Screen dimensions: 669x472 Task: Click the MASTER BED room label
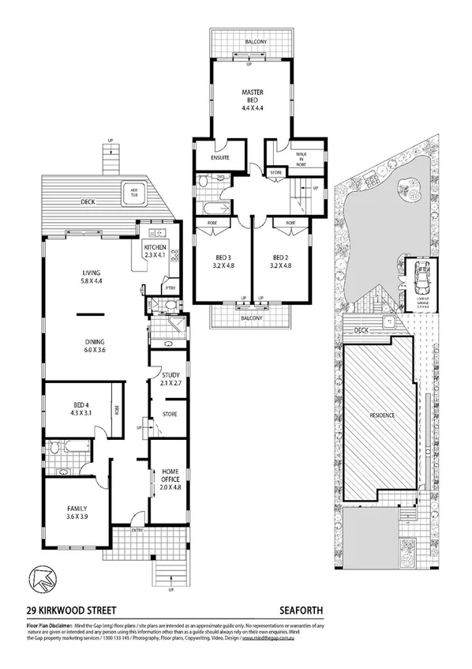tap(252, 100)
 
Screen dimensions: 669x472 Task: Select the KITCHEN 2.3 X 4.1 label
tap(155, 252)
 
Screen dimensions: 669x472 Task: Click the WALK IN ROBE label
tap(299, 158)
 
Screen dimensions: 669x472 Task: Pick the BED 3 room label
tap(223, 261)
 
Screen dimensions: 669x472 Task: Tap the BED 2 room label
tap(281, 261)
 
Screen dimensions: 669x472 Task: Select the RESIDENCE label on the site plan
tap(380, 415)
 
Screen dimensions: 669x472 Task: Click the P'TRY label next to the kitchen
tap(169, 288)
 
